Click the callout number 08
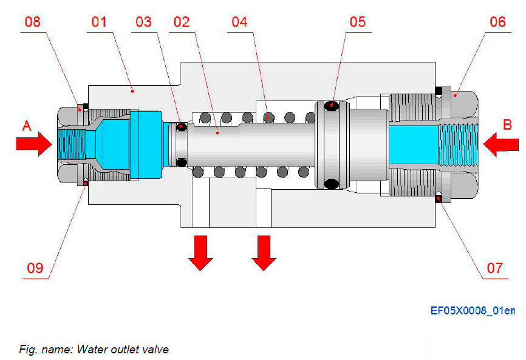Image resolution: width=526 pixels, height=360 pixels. click(x=33, y=22)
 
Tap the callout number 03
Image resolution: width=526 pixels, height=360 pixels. click(x=143, y=22)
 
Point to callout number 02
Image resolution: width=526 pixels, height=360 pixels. click(x=182, y=22)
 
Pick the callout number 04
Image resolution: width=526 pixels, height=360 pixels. click(x=239, y=22)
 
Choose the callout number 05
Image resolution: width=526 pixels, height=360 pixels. click(x=358, y=22)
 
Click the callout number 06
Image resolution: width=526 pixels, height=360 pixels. click(x=497, y=22)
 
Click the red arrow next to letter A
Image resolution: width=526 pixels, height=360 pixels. click(x=34, y=144)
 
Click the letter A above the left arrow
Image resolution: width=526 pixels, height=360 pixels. click(x=27, y=126)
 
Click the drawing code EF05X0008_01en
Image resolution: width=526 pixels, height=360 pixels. click(x=473, y=311)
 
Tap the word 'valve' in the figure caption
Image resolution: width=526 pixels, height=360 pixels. click(x=157, y=349)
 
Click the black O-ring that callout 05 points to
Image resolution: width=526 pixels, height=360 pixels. click(x=332, y=106)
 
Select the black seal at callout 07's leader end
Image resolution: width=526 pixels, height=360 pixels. click(x=439, y=195)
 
